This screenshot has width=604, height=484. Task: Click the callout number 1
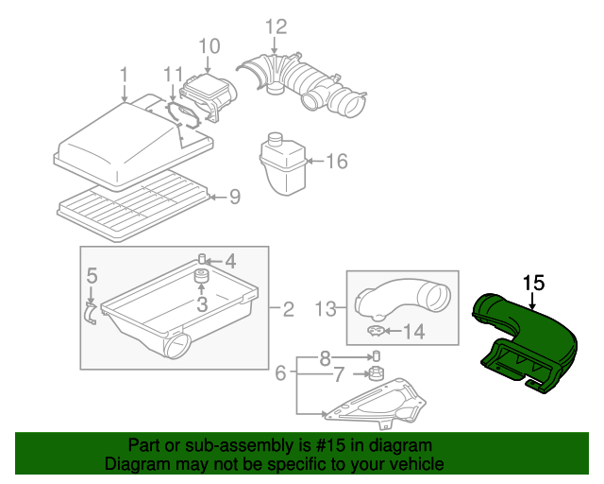[x=124, y=75]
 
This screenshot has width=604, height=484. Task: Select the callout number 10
[x=209, y=46]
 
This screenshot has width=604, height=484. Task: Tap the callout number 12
[x=275, y=26]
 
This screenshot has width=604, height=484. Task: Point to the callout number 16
[x=337, y=162]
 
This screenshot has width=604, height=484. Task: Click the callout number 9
[x=235, y=197]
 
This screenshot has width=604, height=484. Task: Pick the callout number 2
[x=288, y=308]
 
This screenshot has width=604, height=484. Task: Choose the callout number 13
[x=326, y=308]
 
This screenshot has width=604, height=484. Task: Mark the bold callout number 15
[x=534, y=283]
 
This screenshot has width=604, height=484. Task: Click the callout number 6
[x=280, y=374]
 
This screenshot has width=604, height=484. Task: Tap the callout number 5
[x=92, y=276]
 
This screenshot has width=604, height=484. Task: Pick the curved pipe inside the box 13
[x=406, y=301]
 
